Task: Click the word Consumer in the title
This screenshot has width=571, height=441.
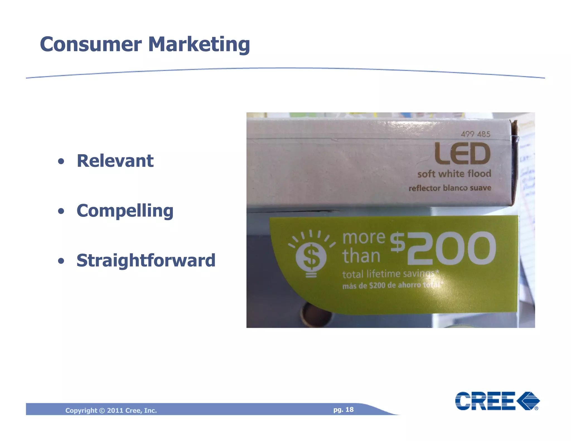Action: point(91,45)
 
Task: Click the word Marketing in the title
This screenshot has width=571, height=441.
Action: point(199,45)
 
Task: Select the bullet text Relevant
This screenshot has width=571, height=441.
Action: point(115,161)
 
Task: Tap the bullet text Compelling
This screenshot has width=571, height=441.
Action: point(125,211)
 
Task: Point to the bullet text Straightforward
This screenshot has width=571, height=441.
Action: point(146,260)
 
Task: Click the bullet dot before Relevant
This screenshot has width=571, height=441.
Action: point(61,161)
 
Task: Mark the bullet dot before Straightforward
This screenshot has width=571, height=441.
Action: point(61,261)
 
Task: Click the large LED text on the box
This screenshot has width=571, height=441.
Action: point(462,154)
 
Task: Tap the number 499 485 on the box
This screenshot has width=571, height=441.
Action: point(475,134)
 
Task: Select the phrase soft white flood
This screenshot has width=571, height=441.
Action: point(454,174)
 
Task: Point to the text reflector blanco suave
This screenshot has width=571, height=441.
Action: point(450,188)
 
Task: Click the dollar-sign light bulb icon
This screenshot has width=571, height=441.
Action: point(311,255)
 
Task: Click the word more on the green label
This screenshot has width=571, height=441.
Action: point(364,238)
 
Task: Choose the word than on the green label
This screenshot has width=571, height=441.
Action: point(361,256)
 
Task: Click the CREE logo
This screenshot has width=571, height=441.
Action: point(497,401)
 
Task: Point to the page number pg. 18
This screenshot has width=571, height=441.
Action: point(343,409)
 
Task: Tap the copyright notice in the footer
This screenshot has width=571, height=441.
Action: point(111,410)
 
